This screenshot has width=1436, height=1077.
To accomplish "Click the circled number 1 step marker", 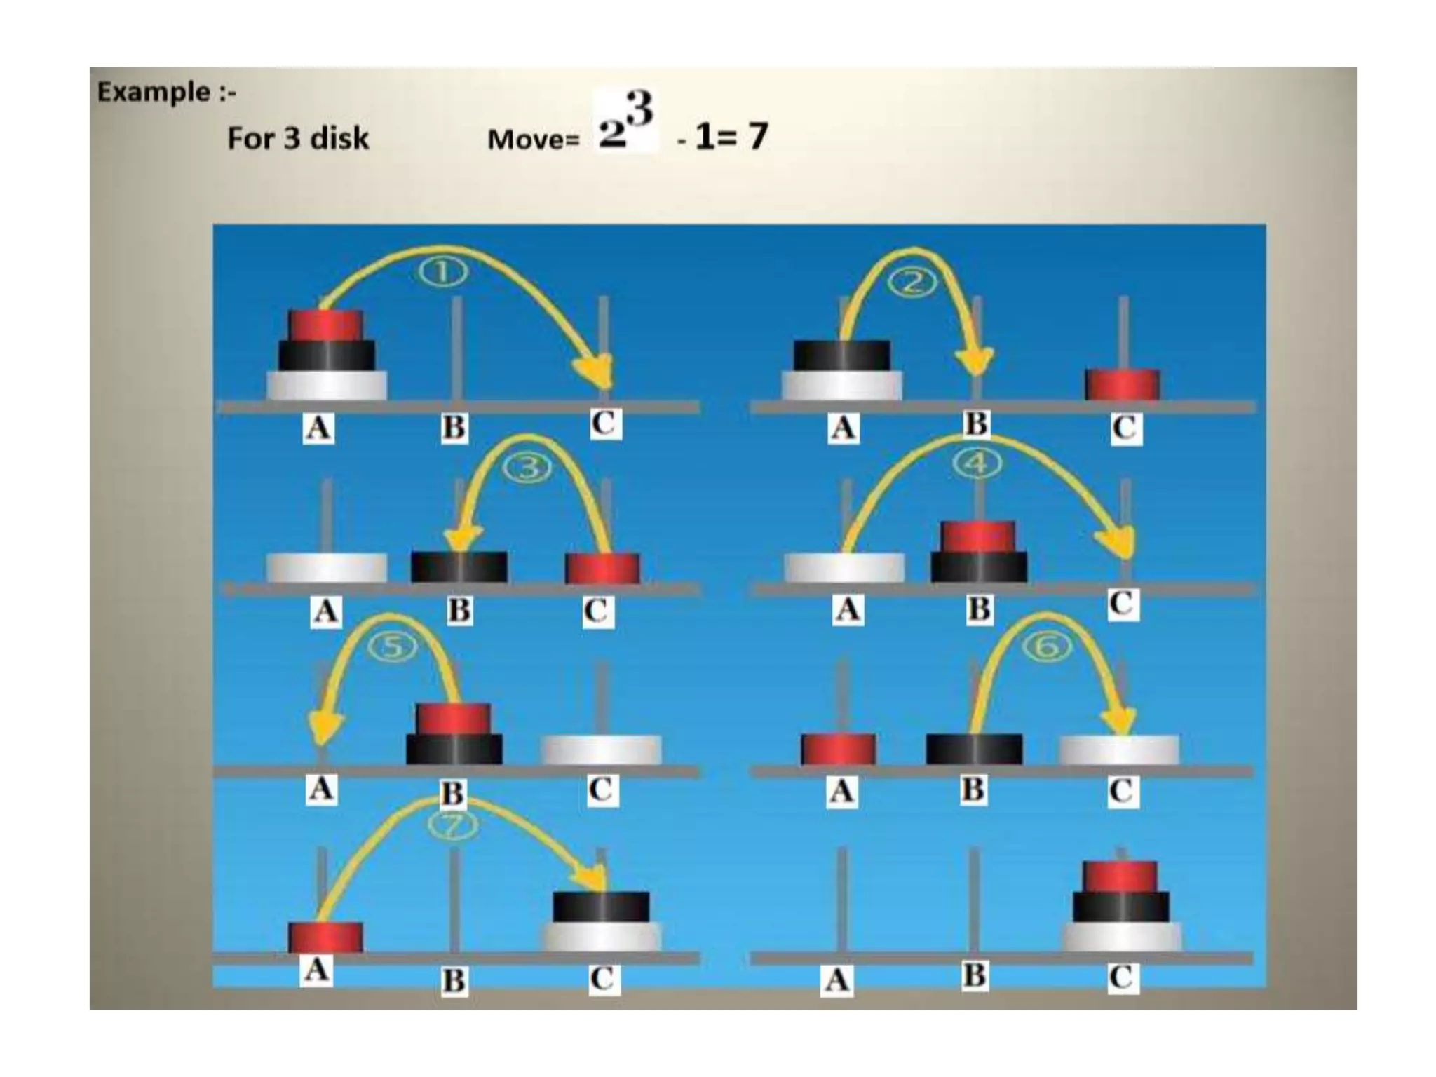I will [444, 273].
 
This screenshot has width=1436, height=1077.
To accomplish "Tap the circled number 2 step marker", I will [912, 283].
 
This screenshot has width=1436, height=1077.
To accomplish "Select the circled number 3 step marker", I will [529, 468].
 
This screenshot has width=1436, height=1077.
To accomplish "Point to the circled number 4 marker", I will [977, 463].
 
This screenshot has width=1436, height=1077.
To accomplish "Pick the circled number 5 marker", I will [393, 647].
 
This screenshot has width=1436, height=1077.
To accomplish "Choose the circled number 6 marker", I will [1048, 646].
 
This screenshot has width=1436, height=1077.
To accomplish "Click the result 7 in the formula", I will [758, 136].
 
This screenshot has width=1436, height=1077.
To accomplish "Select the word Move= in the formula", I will [533, 140].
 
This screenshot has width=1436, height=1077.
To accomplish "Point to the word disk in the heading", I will [339, 138].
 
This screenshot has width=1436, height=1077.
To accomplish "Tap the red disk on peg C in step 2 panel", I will [1122, 384].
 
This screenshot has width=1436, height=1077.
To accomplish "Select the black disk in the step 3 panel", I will [459, 567].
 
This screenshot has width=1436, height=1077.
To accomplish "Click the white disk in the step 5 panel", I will [601, 750].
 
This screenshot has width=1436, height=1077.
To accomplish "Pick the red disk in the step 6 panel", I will [838, 749].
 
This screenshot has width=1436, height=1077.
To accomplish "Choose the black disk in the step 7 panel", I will [601, 907].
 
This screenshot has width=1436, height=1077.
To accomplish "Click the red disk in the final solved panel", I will [1120, 876].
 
